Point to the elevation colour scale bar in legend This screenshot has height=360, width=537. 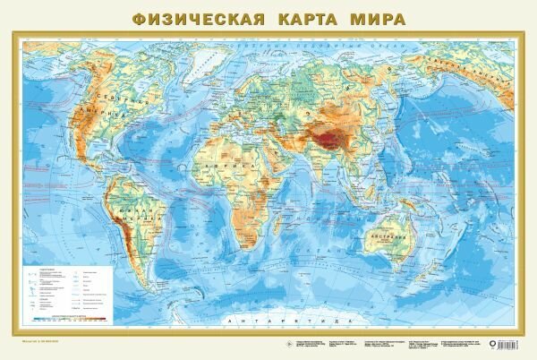(66, 315)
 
